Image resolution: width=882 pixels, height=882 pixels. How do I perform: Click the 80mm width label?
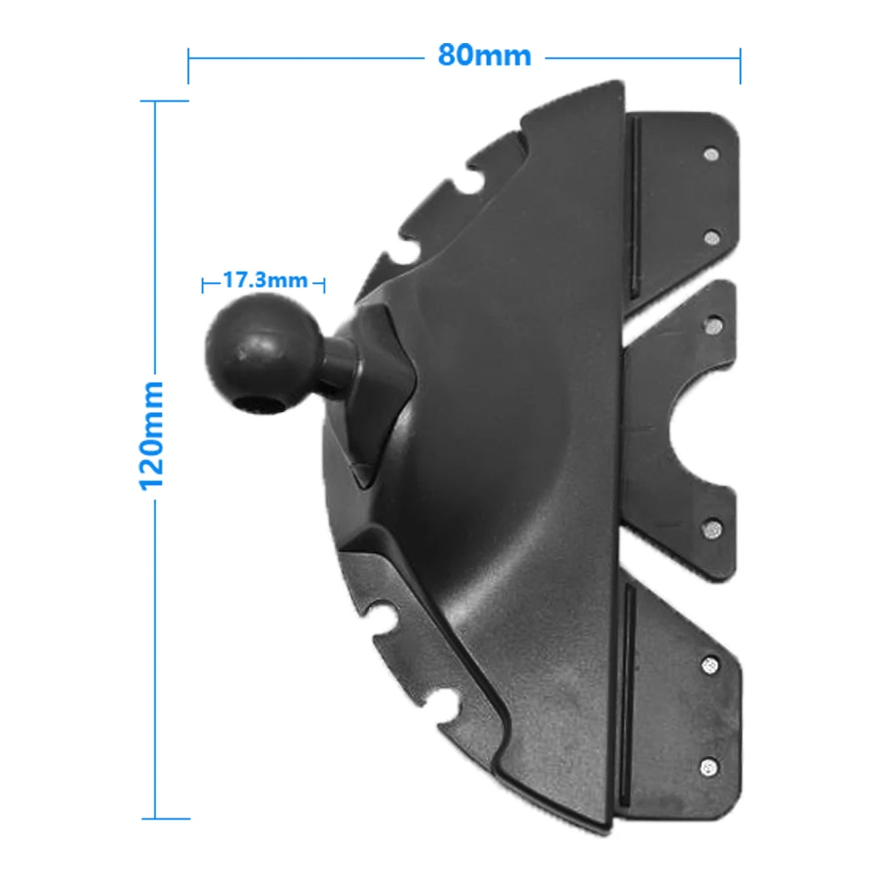[x=484, y=56]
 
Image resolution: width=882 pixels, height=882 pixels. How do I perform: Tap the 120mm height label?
[x=152, y=436]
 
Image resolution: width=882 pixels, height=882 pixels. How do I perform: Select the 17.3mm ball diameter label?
[x=265, y=280]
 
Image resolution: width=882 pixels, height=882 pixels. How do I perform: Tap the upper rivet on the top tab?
[x=712, y=153]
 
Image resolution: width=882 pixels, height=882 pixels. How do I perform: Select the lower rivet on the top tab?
[x=713, y=237]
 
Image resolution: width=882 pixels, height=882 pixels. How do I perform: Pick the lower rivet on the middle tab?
[x=713, y=528]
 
